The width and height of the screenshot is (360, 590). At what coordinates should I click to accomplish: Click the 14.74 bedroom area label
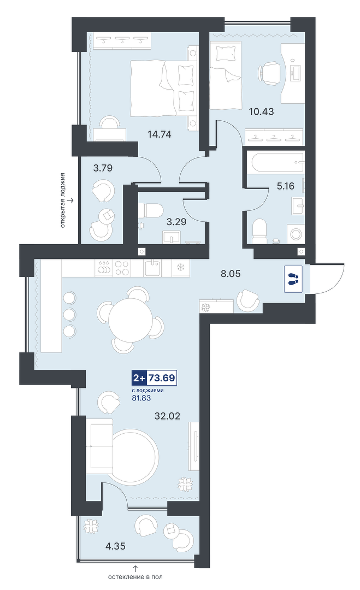160,134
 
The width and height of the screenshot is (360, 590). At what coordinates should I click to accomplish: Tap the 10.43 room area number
262,111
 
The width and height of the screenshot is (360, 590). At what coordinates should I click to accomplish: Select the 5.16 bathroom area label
286,186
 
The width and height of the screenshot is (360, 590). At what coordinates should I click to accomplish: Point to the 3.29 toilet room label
176,222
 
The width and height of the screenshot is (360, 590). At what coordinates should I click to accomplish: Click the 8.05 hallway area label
231,274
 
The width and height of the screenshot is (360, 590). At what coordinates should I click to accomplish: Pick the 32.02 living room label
167,416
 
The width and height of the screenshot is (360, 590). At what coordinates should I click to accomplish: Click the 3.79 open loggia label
103,168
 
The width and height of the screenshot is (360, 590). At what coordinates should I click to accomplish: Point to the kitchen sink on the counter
153,268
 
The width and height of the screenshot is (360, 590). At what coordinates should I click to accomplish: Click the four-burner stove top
122,268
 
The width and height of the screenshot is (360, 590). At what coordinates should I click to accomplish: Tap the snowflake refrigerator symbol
181,268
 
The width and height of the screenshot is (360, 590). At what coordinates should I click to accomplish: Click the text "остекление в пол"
135,576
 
